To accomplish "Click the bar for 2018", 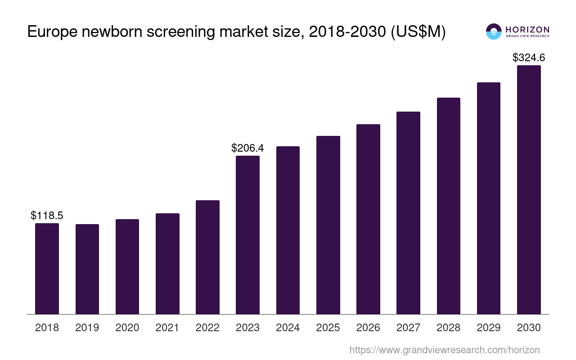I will click(x=47, y=269).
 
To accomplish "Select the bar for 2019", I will click(x=87, y=269).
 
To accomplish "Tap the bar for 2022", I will click(x=207, y=257).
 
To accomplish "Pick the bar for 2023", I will click(x=247, y=235).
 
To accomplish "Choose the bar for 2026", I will click(x=368, y=219).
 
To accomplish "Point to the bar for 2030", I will click(x=529, y=189).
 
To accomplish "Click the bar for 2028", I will click(x=448, y=206).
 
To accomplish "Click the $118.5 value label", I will click(x=47, y=216).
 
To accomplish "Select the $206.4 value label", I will click(x=247, y=148).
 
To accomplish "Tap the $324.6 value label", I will click(x=529, y=58).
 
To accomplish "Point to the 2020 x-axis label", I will click(x=127, y=328).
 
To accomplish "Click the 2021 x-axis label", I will click(x=167, y=328).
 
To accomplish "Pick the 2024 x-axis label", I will click(x=288, y=328).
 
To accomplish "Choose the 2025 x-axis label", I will click(x=328, y=328).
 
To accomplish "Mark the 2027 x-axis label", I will click(x=408, y=328).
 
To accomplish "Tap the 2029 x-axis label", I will click(x=489, y=328).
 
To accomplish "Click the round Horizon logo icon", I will click(x=494, y=31).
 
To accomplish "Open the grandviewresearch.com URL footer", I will click(x=444, y=350).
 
